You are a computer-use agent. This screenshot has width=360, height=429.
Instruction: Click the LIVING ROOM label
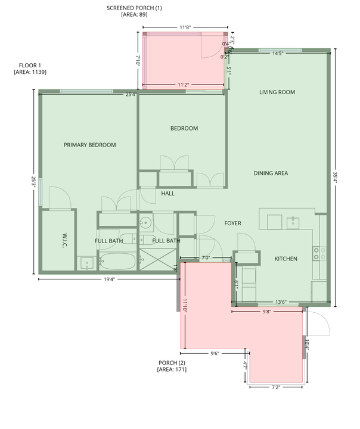277,92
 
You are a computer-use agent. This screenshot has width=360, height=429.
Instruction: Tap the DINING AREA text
271,173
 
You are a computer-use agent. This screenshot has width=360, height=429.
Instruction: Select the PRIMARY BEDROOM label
89,145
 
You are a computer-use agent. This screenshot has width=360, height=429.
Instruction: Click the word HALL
167,194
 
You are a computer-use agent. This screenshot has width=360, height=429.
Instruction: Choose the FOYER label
232,223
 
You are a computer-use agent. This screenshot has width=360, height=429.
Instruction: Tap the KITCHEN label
285,259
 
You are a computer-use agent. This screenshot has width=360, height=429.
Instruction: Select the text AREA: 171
172,370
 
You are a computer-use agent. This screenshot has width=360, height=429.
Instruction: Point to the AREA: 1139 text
30,72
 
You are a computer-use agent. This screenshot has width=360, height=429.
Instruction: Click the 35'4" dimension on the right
336,178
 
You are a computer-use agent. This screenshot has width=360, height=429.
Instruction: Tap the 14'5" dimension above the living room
277,54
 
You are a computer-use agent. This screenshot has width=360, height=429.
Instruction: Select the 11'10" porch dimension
185,305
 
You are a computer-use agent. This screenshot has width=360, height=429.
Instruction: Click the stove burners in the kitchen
317,254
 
